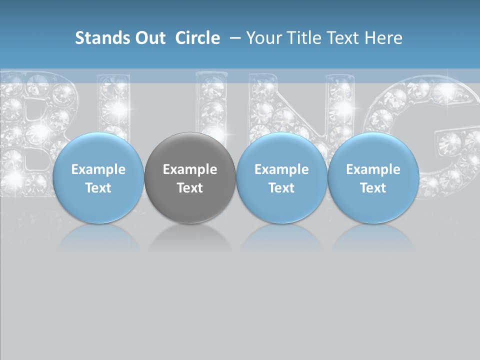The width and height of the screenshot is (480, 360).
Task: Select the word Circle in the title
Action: [x=197, y=38]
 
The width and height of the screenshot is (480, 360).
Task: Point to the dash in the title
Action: [x=235, y=38]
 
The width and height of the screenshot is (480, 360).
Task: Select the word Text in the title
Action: [x=344, y=38]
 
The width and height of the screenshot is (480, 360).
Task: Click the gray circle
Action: [x=190, y=150]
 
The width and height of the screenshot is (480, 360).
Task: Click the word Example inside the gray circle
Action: [x=190, y=169]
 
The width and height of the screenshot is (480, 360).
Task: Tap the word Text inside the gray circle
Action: [x=190, y=188]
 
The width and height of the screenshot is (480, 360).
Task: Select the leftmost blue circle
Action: [x=98, y=150]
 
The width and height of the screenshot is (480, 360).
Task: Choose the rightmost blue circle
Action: [x=373, y=150]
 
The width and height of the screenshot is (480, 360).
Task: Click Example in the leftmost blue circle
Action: [x=98, y=169]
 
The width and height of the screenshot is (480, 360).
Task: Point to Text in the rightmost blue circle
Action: [x=373, y=188]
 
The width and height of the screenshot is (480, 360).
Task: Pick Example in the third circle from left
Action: [x=281, y=169]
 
